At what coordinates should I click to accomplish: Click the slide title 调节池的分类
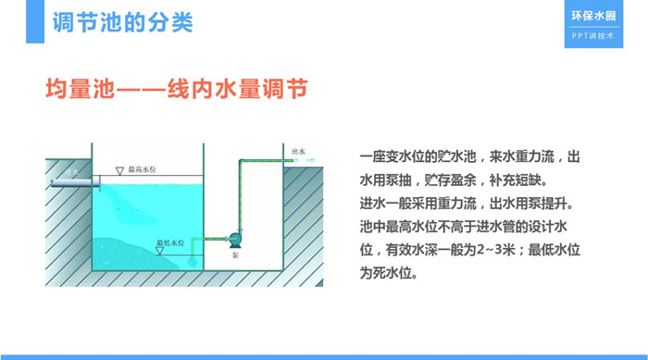tap(123, 22)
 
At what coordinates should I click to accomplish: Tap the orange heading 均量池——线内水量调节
tap(177, 89)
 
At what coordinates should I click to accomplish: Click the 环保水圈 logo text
tap(593, 16)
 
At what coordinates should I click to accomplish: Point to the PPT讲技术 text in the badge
tap(593, 36)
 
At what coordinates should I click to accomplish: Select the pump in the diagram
tap(235, 240)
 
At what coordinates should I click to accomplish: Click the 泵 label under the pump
tap(235, 255)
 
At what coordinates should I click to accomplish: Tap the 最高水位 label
tap(142, 169)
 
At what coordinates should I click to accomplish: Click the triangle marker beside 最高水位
tap(119, 171)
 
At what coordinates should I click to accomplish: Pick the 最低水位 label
tap(170, 242)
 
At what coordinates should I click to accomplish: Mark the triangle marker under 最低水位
tap(159, 251)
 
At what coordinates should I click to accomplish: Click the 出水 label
tap(298, 152)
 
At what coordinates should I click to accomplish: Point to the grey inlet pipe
tap(75, 182)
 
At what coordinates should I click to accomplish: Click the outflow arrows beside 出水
tap(305, 160)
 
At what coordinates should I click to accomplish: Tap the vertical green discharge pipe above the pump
tap(240, 195)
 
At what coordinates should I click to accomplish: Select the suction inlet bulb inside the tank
tap(193, 261)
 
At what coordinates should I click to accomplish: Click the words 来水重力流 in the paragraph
tap(521, 156)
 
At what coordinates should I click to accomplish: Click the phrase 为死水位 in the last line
tap(386, 273)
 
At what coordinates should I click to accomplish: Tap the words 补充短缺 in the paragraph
tap(515, 180)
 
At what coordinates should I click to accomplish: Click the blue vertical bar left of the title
tap(35, 21)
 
